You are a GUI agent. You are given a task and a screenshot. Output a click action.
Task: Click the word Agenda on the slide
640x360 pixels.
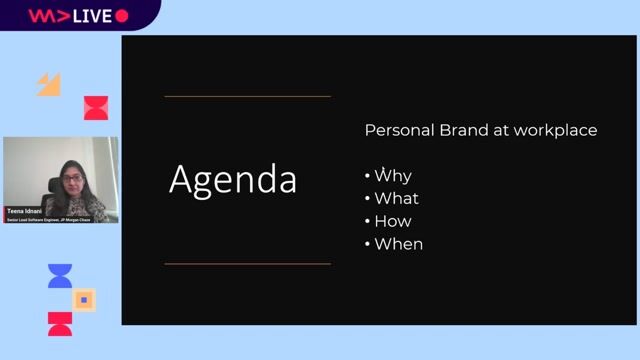click(x=233, y=180)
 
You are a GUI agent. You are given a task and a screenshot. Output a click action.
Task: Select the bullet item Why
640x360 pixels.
click(x=392, y=176)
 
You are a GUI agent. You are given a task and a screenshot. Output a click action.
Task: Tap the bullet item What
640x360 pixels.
click(x=397, y=198)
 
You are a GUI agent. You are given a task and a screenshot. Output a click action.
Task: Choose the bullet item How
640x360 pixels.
click(x=393, y=221)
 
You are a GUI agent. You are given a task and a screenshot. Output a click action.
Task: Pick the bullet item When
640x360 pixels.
click(x=398, y=244)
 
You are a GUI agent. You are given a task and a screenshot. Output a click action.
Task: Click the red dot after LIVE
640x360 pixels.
click(x=122, y=15)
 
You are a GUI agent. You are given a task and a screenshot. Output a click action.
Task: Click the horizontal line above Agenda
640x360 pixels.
click(x=247, y=97)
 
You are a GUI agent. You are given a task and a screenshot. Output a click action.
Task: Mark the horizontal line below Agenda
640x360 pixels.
click(x=247, y=264)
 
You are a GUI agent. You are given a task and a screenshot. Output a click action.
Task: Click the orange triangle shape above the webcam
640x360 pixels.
click(x=50, y=85)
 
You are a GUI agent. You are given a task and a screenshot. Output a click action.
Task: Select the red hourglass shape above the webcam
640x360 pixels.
click(x=96, y=108)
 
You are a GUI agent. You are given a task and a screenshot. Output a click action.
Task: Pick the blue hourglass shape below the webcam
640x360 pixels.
click(x=60, y=276)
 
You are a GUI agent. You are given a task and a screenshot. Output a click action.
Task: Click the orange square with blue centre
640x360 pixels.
click(x=84, y=299)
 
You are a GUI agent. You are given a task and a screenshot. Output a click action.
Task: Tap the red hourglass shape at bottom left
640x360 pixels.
click(x=60, y=323)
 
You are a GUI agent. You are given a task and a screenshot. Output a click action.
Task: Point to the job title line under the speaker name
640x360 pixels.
click(x=49, y=219)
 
